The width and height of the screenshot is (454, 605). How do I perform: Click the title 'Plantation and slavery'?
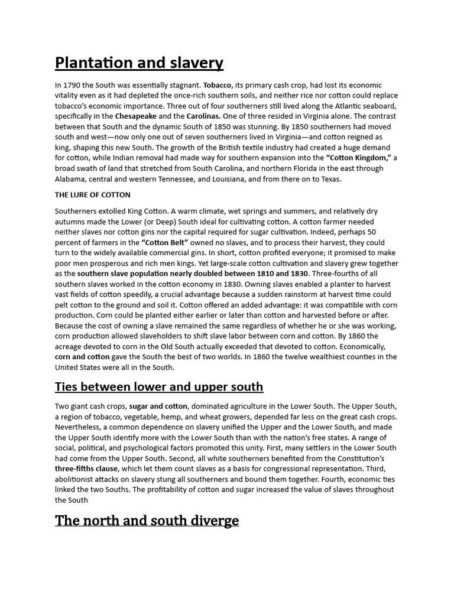(139, 63)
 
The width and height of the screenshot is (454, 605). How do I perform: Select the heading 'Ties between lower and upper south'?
(159, 387)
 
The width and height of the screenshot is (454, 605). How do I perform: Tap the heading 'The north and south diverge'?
(147, 521)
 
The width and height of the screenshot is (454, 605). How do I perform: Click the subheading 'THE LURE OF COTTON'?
(93, 195)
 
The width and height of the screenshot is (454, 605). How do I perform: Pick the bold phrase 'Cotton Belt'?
(164, 242)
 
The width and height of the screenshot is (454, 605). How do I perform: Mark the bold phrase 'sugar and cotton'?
(158, 406)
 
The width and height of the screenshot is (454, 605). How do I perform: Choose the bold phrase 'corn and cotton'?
(82, 357)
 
